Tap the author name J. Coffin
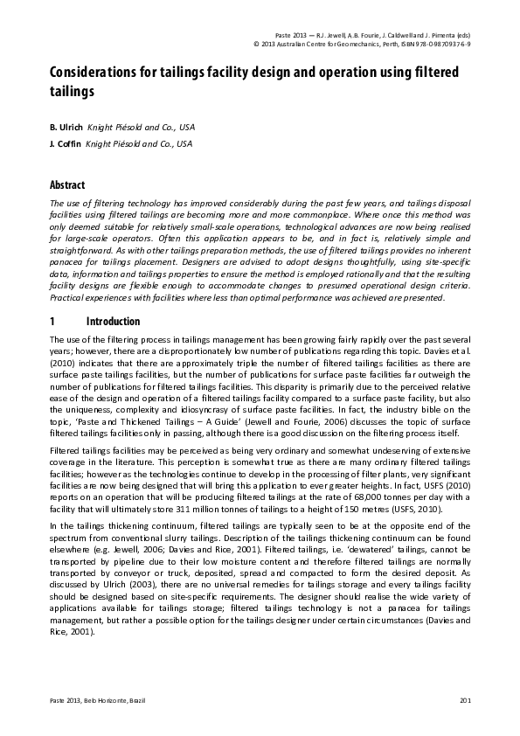pyautogui.click(x=66, y=143)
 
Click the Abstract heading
pyautogui.click(x=67, y=185)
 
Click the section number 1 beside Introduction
pyautogui.click(x=52, y=321)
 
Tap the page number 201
pyautogui.click(x=465, y=702)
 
